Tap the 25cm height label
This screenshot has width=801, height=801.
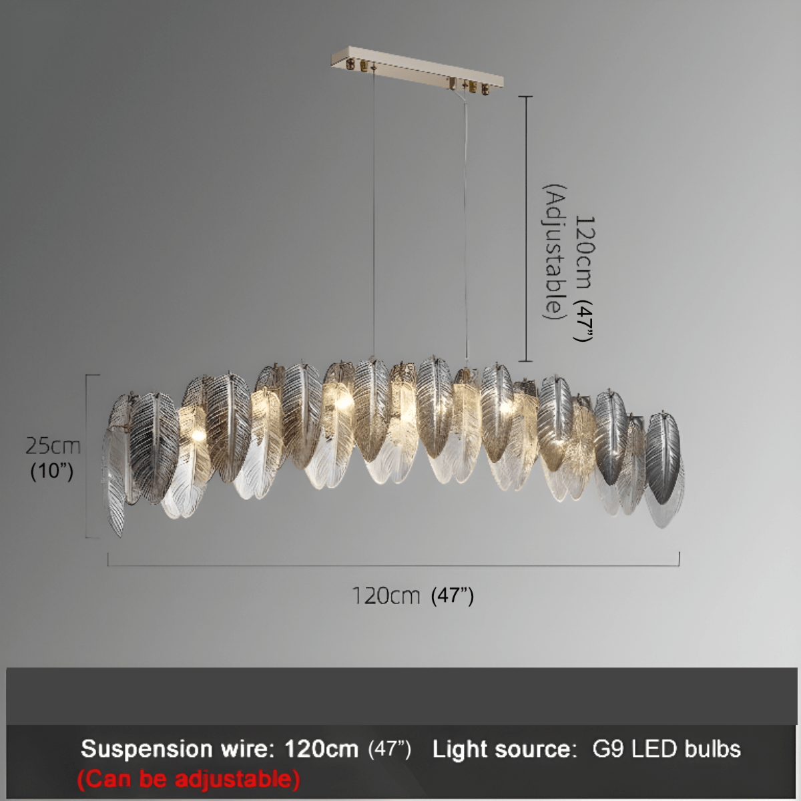click(53, 446)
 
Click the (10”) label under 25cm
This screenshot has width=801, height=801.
click(52, 471)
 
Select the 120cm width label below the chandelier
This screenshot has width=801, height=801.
click(386, 595)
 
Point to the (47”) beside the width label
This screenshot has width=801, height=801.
click(453, 596)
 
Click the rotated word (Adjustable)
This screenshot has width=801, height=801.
click(555, 252)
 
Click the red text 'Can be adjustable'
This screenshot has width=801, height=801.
click(188, 778)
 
